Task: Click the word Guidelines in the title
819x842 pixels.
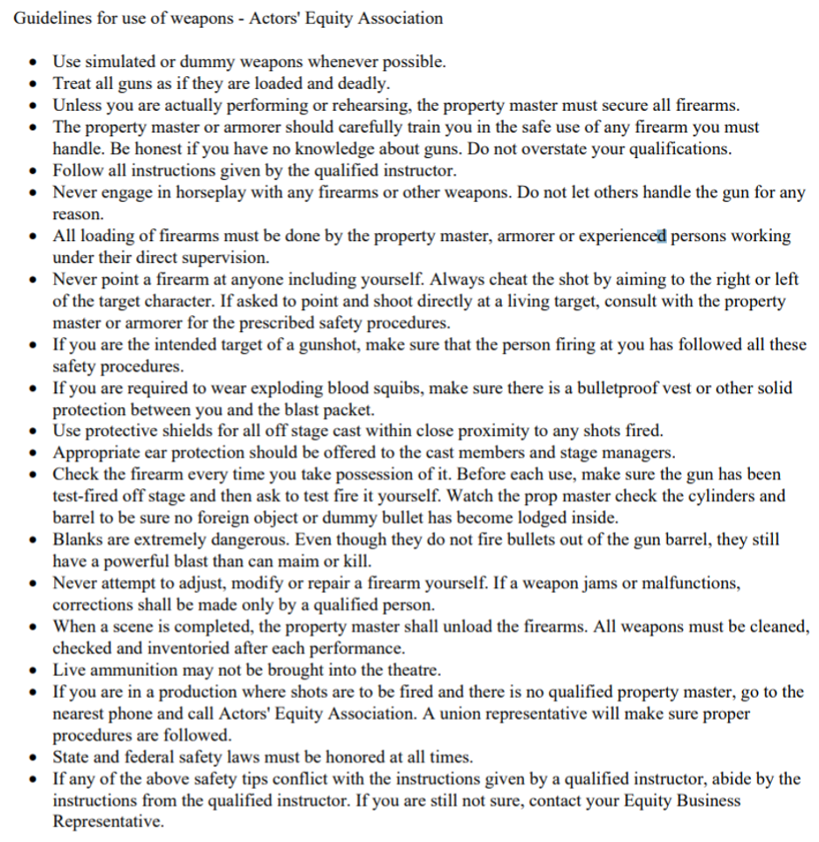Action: [50, 17]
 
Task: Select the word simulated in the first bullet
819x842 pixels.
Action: [119, 62]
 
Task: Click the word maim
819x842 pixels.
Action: [326, 561]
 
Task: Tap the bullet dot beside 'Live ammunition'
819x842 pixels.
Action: [33, 670]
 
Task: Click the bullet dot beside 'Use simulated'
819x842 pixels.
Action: [33, 62]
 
